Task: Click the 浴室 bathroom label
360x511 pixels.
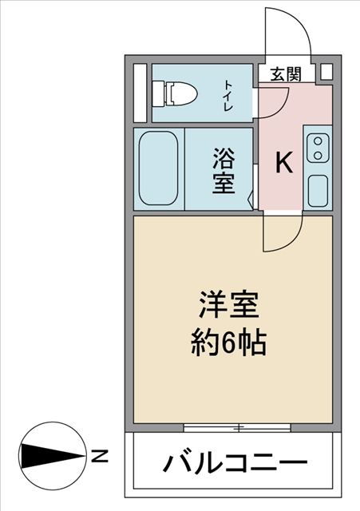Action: [223, 171]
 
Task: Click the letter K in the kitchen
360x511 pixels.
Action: [284, 164]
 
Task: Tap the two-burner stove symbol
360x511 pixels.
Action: [318, 148]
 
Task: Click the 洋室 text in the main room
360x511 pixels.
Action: [228, 307]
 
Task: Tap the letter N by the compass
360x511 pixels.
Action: [100, 457]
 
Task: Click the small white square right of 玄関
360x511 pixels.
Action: [325, 72]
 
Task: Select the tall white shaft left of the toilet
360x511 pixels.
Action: [140, 93]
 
